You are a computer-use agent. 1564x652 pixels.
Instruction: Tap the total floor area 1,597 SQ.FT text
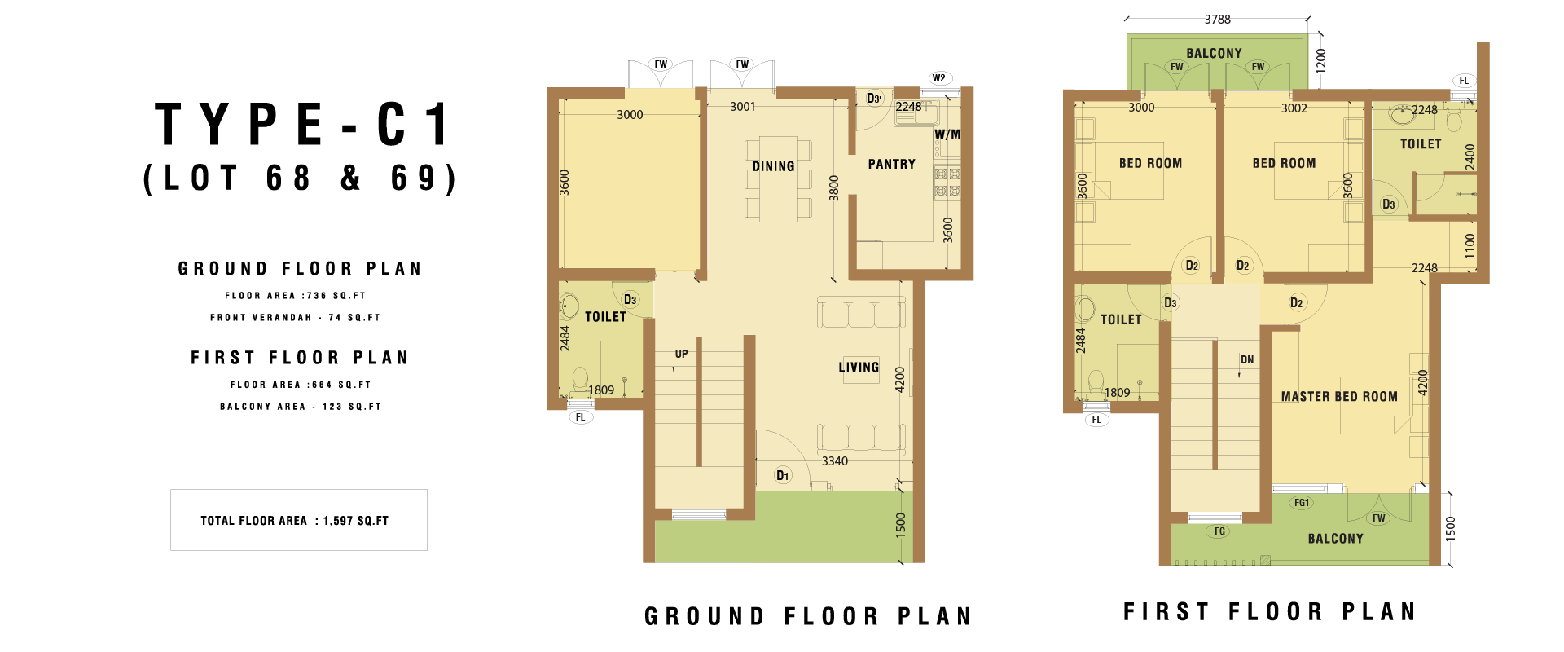pos(295,521)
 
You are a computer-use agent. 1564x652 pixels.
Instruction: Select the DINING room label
pos(773,166)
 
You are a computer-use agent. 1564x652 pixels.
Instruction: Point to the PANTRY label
pos(891,164)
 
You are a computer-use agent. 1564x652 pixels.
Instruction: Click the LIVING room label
pos(859,368)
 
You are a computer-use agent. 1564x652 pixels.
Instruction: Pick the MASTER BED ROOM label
pos(1339,396)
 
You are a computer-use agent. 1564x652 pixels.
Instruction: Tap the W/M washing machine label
pos(947,134)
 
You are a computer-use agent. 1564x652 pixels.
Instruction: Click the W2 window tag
pos(939,78)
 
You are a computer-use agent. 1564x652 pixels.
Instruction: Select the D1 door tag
pos(782,475)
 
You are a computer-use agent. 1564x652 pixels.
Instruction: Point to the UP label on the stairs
pos(681,354)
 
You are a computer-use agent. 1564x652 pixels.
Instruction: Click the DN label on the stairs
pos(1247,359)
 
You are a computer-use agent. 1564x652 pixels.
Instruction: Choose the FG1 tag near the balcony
pos(1302,503)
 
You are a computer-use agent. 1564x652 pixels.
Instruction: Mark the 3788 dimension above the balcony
pos(1218,19)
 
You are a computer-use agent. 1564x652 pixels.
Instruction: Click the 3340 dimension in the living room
pos(835,461)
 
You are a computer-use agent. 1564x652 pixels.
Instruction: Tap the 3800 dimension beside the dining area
pos(833,187)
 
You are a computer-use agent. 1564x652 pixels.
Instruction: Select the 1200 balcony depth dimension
pos(1320,60)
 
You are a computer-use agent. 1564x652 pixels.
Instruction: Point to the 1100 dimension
pos(1470,245)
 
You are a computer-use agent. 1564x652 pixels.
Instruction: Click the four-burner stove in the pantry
pos(947,183)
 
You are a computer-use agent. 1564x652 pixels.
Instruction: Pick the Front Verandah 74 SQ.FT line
pos(295,318)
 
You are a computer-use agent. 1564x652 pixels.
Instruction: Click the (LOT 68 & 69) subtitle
pos(300,178)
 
